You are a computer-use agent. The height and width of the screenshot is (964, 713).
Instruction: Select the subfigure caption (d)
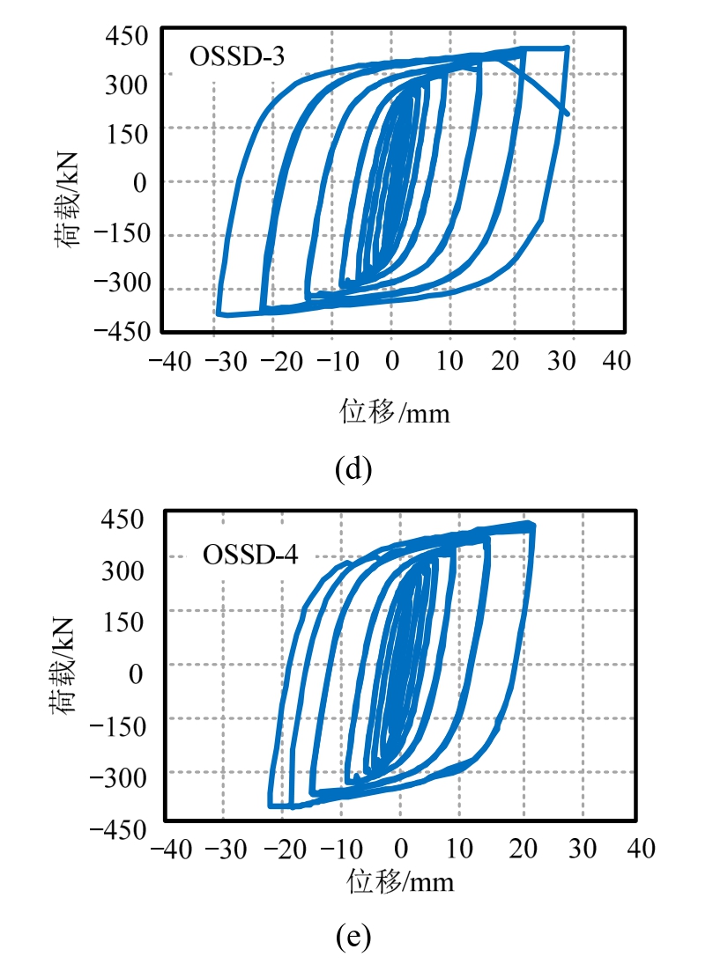coord(353,467)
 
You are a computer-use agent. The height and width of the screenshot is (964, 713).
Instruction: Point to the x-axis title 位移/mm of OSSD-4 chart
coord(401,879)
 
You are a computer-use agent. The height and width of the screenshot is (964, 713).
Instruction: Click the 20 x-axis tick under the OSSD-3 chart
coord(509,362)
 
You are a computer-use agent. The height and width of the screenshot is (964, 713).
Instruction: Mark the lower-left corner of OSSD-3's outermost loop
coord(218,313)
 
